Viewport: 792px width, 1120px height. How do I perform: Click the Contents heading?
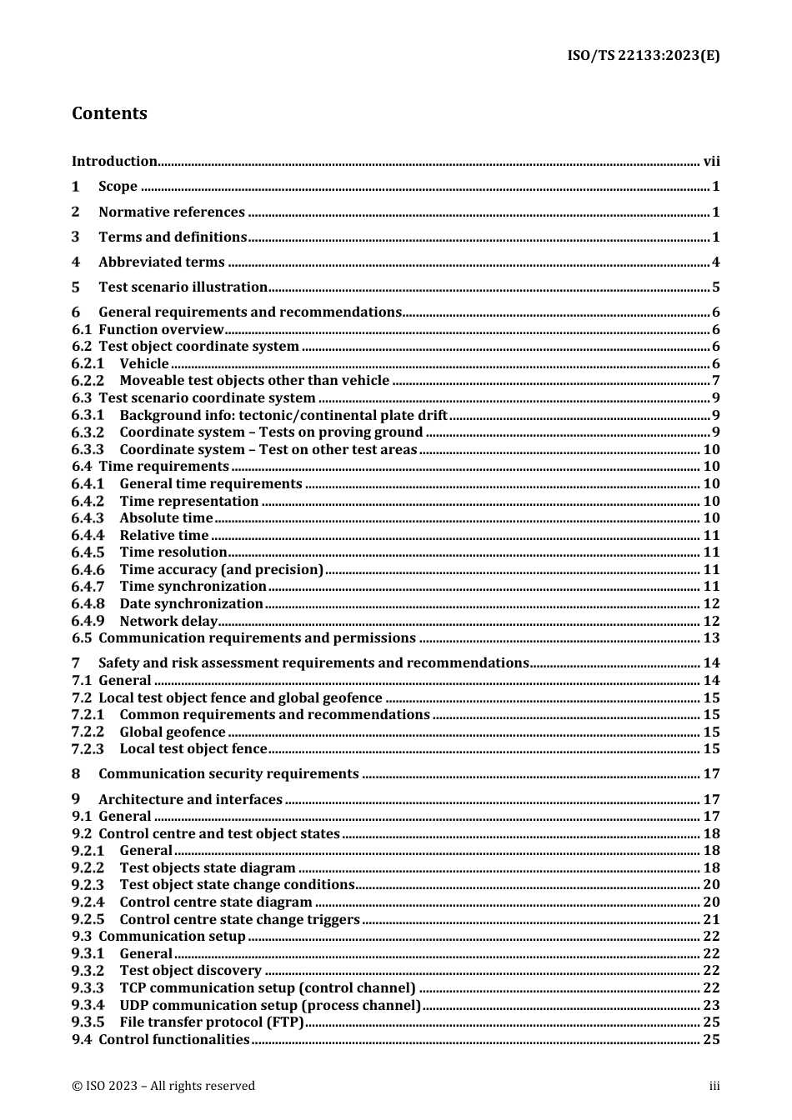point(109,113)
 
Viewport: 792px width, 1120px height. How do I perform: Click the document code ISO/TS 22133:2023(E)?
point(644,56)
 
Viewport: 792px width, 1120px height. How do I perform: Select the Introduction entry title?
point(114,162)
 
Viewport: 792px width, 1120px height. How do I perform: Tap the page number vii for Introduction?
point(711,162)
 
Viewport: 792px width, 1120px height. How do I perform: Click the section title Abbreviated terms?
point(162,262)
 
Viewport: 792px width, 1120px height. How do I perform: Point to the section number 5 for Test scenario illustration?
point(76,287)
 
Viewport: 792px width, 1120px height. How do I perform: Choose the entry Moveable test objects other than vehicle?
point(254,381)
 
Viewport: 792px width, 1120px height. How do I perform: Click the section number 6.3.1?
point(88,415)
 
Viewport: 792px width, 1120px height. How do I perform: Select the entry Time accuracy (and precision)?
point(222,570)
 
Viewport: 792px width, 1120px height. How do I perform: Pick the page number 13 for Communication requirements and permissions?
point(711,638)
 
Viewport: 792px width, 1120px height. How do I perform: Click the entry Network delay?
point(168,622)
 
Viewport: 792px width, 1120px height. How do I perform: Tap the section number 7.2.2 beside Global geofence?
point(88,732)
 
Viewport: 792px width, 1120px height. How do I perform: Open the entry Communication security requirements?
point(228,774)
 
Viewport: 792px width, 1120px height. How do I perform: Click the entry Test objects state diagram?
point(208,868)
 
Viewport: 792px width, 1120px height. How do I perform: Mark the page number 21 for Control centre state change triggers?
point(711,920)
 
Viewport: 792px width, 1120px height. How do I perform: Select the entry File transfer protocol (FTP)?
point(212,1022)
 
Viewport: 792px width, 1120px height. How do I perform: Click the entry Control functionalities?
point(174,1040)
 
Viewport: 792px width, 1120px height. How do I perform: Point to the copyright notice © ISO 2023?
point(163,1086)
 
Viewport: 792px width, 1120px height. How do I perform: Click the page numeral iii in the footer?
point(714,1086)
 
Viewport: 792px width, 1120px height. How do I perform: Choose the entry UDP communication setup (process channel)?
point(270,1006)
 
